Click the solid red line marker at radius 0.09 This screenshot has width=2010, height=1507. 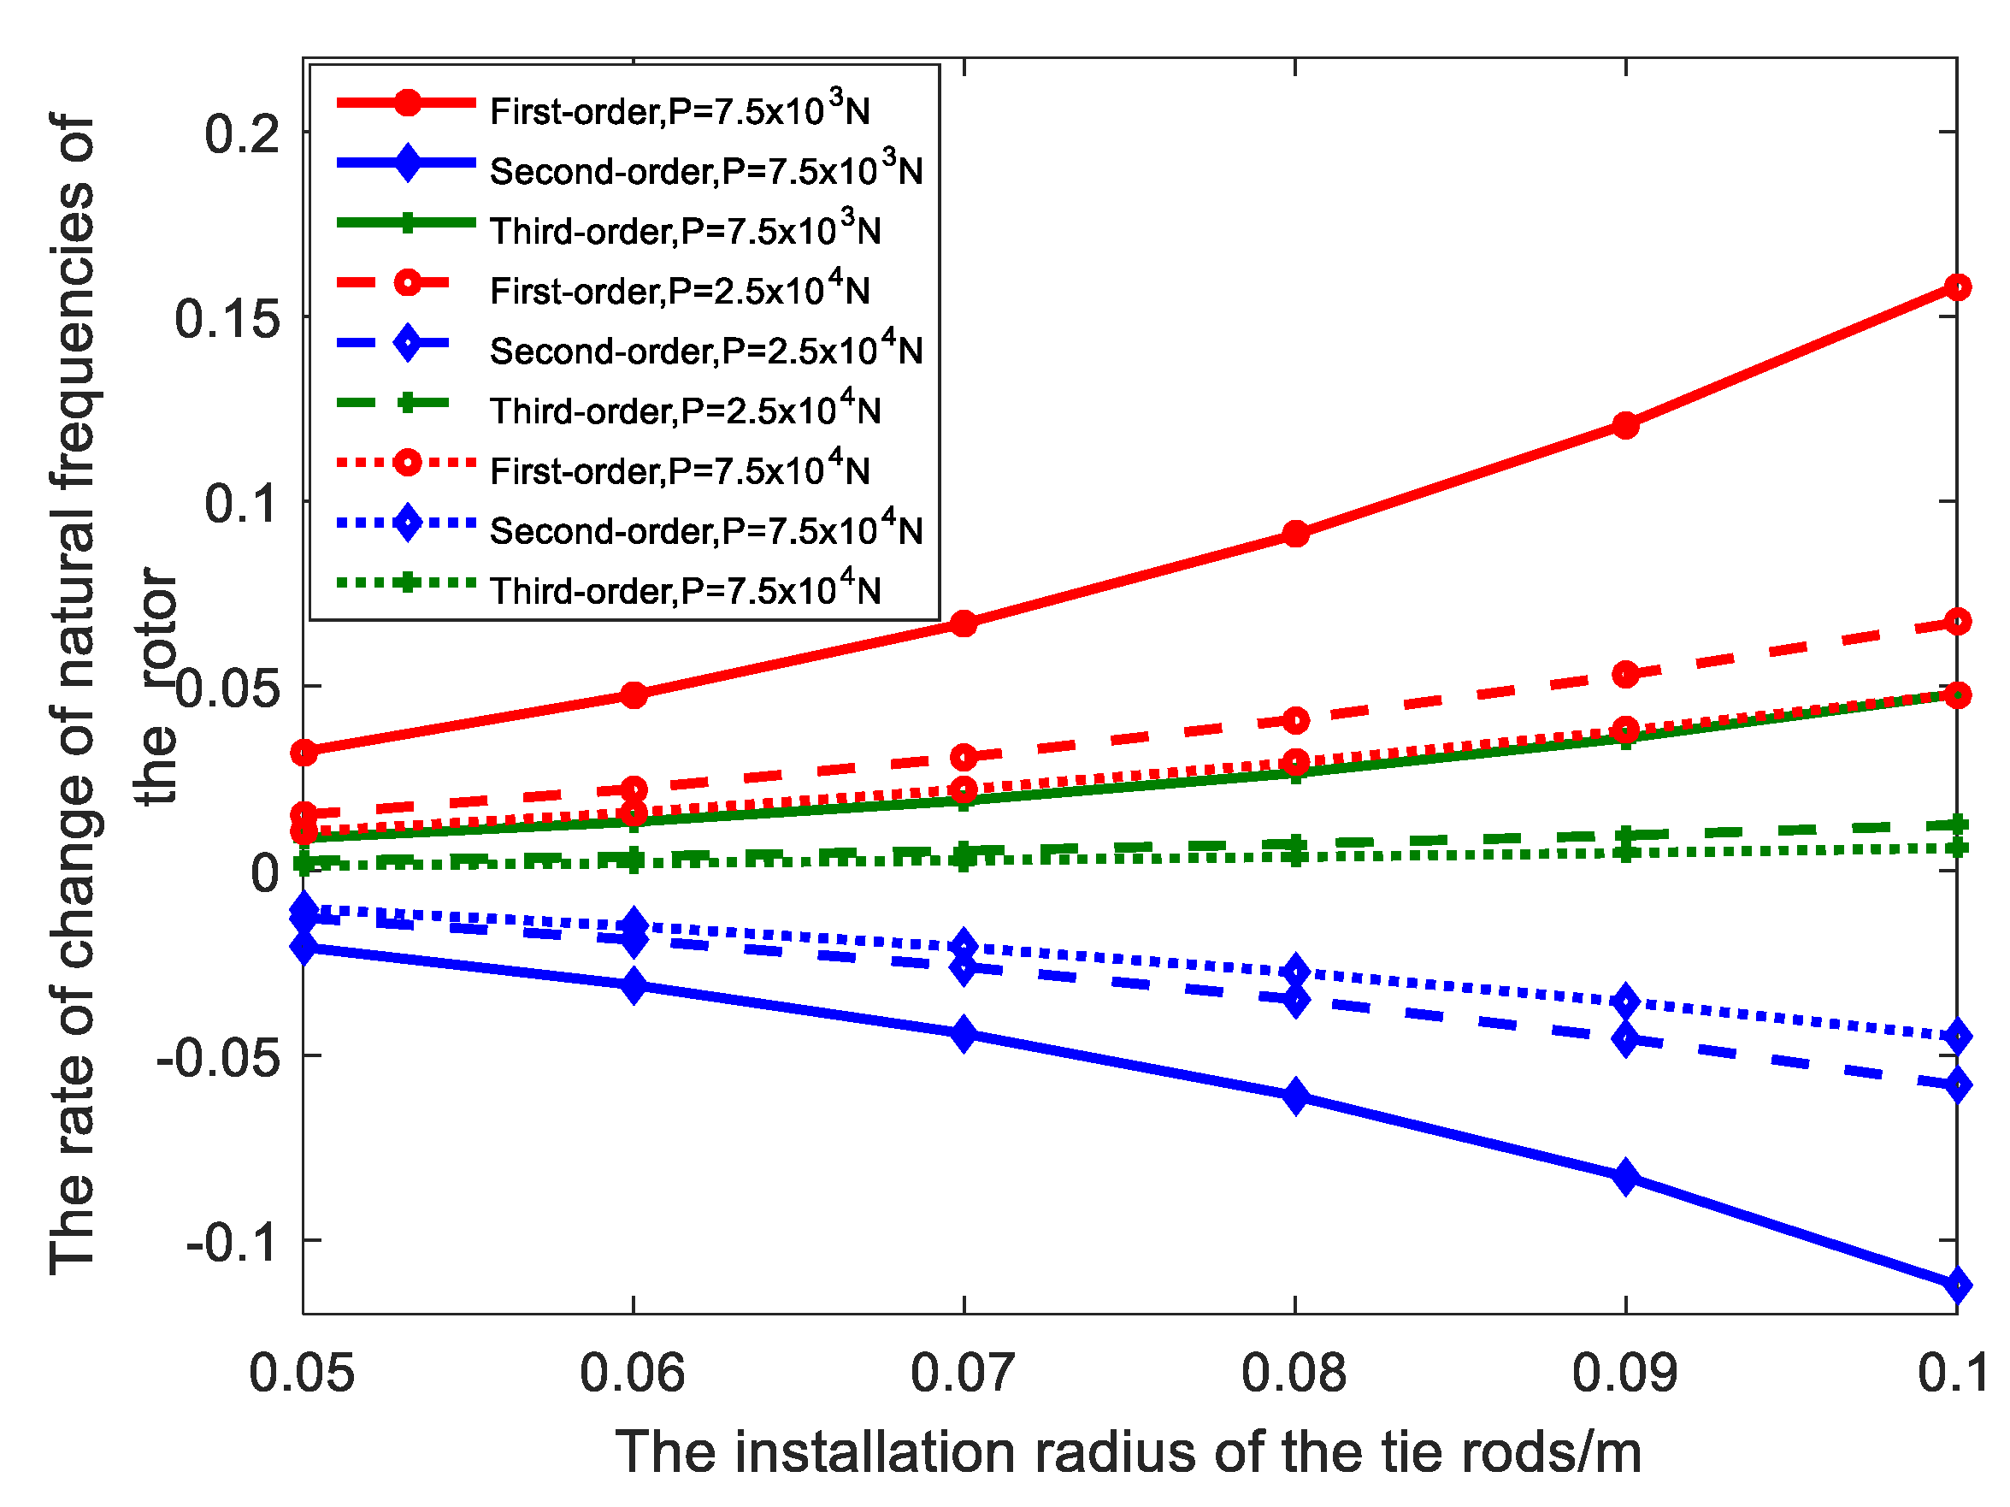tap(1625, 424)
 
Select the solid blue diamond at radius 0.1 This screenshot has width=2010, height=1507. tap(1956, 1285)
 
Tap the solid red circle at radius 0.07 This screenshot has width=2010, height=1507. tap(964, 623)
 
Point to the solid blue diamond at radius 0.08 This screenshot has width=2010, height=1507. tap(1296, 1096)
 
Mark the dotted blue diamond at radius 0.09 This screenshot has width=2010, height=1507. tap(1625, 1002)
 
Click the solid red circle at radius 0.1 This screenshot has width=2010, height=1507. tap(1956, 287)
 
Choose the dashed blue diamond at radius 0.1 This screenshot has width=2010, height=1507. tap(1956, 1084)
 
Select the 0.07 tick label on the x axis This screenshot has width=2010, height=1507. tap(964, 1373)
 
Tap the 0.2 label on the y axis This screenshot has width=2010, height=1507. tap(242, 134)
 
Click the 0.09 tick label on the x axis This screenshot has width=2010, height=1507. tap(1624, 1373)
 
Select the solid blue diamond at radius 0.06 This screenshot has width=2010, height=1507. tap(634, 985)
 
